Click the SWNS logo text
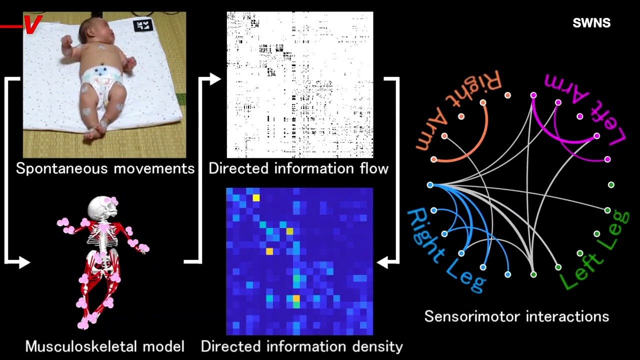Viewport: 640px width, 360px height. (x=591, y=23)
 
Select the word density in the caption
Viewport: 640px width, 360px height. (x=377, y=347)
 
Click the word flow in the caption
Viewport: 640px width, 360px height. (x=374, y=168)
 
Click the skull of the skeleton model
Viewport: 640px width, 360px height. (x=103, y=207)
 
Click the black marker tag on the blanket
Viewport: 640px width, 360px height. (x=143, y=25)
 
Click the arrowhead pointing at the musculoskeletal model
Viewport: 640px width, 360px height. (x=24, y=262)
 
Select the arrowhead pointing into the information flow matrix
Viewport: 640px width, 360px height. (x=215, y=79)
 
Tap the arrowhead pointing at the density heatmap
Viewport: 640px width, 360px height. (x=382, y=262)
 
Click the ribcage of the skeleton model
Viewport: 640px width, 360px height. (x=102, y=235)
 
